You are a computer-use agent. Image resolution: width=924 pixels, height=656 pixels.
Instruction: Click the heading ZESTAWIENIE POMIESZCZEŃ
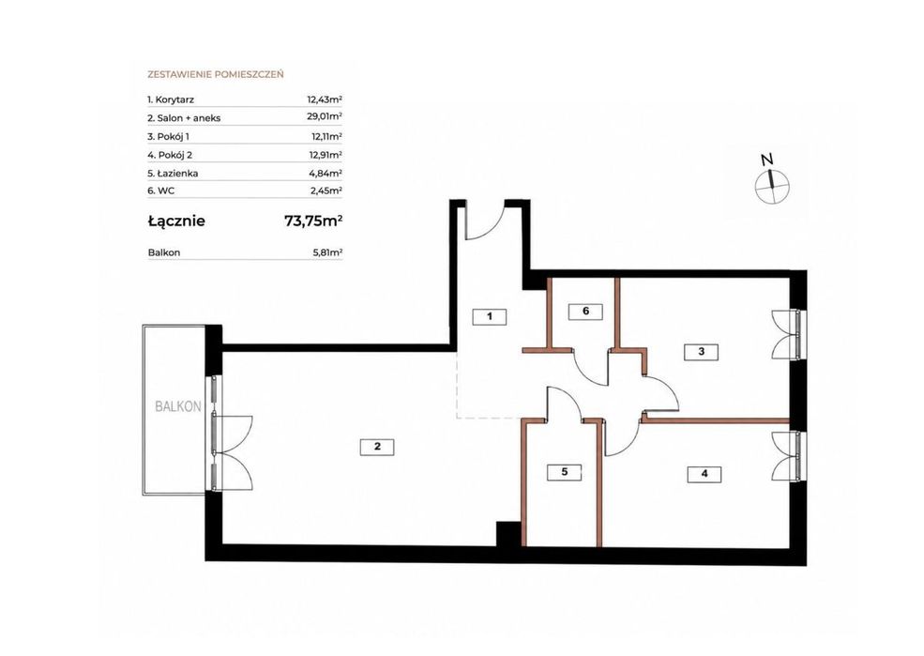tap(216, 74)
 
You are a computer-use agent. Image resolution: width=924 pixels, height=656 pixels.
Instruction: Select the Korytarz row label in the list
tap(171, 99)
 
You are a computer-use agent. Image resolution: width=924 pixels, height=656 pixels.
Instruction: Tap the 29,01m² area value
tap(325, 116)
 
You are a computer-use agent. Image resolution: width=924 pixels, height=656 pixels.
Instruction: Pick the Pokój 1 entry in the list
tap(168, 136)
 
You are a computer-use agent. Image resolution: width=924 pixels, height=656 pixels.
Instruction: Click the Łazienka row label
tap(173, 174)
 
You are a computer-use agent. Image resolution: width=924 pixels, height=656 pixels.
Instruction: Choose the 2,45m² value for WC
tap(326, 191)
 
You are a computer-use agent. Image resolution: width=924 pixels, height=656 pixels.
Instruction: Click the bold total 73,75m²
tap(313, 221)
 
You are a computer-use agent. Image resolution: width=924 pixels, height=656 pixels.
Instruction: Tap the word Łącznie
tap(176, 221)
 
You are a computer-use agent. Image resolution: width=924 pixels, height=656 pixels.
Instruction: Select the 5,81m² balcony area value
tap(327, 252)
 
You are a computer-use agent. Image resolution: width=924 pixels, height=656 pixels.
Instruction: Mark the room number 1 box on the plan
tap(489, 316)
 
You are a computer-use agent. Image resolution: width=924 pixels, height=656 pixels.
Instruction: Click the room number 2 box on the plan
tap(377, 447)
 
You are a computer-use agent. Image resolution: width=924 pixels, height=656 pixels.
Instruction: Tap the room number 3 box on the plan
tap(701, 352)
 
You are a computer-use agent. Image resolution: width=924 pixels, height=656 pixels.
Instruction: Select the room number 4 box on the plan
tap(704, 474)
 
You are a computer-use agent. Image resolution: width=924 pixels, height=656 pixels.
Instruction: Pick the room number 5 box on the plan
tap(564, 472)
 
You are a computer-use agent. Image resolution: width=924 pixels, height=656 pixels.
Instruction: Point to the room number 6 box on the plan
tap(585, 312)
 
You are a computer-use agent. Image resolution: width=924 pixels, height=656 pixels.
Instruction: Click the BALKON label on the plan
tap(178, 406)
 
